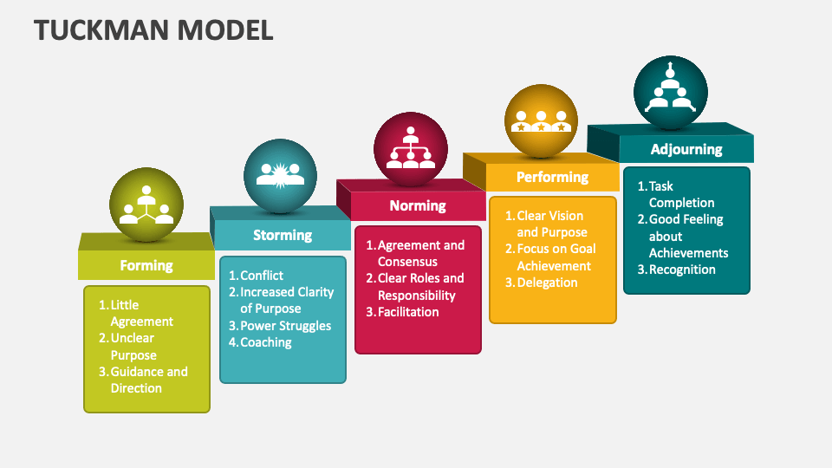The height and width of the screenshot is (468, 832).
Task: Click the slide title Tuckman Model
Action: coord(153,29)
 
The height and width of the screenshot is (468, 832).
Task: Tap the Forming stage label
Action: coord(146,265)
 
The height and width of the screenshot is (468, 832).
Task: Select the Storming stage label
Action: coord(283,235)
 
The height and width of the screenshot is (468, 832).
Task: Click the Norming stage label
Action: coord(418,205)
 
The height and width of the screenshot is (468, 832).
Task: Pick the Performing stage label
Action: coord(552,177)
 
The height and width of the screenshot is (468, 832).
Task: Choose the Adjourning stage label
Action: coord(686,149)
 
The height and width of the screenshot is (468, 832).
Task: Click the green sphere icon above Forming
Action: coord(146,205)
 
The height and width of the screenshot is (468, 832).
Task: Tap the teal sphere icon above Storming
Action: coord(280,176)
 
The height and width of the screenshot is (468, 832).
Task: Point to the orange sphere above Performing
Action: coord(542,120)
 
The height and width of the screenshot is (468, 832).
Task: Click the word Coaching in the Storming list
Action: coord(265,342)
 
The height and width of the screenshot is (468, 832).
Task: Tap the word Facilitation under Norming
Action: coord(408,312)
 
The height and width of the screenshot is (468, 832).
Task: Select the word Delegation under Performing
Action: coord(547,283)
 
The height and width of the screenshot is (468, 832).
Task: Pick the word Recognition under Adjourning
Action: coord(682,270)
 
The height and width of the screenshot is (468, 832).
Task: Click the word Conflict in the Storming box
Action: coord(262,276)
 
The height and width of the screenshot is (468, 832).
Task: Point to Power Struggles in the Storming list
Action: coord(285,326)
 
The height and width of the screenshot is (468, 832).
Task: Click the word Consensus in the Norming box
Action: coord(407,262)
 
